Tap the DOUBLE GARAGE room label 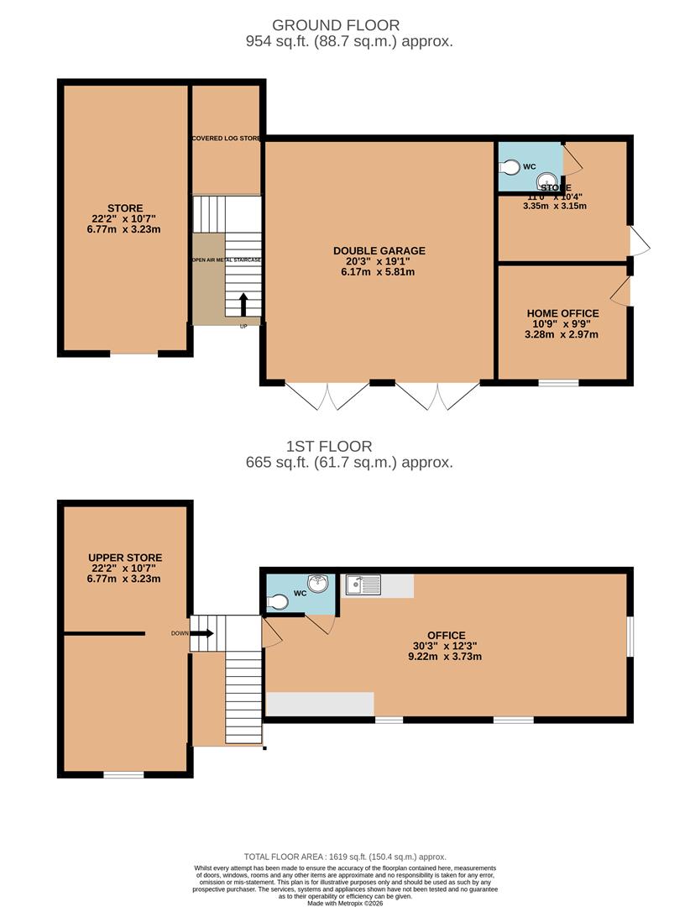pyautogui.click(x=379, y=250)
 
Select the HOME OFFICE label pyautogui.click(x=562, y=313)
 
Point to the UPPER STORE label pyautogui.click(x=125, y=558)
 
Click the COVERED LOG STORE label pyautogui.click(x=227, y=138)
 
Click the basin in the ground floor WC pyautogui.click(x=547, y=179)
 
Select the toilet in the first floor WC pyautogui.click(x=278, y=600)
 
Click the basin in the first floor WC pyautogui.click(x=318, y=583)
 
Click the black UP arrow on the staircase pyautogui.click(x=244, y=303)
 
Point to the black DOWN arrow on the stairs pyautogui.click(x=204, y=633)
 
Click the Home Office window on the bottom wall pyautogui.click(x=558, y=383)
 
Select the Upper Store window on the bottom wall pyautogui.click(x=123, y=774)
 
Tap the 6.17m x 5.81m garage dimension pyautogui.click(x=379, y=271)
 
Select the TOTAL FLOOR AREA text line pyautogui.click(x=345, y=856)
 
